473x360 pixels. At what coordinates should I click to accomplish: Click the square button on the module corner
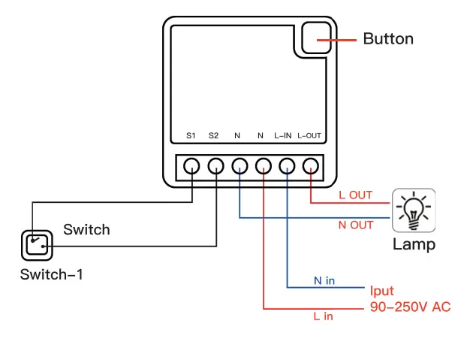(317, 38)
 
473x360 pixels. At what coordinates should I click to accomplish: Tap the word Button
(388, 38)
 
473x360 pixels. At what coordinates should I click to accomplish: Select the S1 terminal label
(191, 136)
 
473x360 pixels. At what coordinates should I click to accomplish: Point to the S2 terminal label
(214, 136)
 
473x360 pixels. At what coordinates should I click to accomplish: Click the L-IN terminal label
(283, 136)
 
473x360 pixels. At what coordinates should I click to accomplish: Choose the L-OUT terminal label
(309, 136)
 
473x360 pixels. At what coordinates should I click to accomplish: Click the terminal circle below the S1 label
(192, 165)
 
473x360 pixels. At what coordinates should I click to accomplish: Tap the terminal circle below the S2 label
(215, 165)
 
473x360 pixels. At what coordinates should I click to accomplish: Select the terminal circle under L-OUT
(311, 165)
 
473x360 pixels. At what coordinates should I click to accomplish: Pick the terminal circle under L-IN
(287, 165)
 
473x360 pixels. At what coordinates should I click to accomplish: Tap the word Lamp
(414, 244)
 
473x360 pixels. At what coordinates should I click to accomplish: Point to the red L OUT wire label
(355, 195)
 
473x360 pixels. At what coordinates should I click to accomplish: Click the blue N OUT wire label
(355, 225)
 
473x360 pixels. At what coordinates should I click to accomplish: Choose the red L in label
(323, 316)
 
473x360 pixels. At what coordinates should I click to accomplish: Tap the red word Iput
(382, 291)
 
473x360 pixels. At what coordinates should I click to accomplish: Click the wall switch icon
(35, 244)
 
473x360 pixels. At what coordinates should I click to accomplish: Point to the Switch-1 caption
(52, 274)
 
